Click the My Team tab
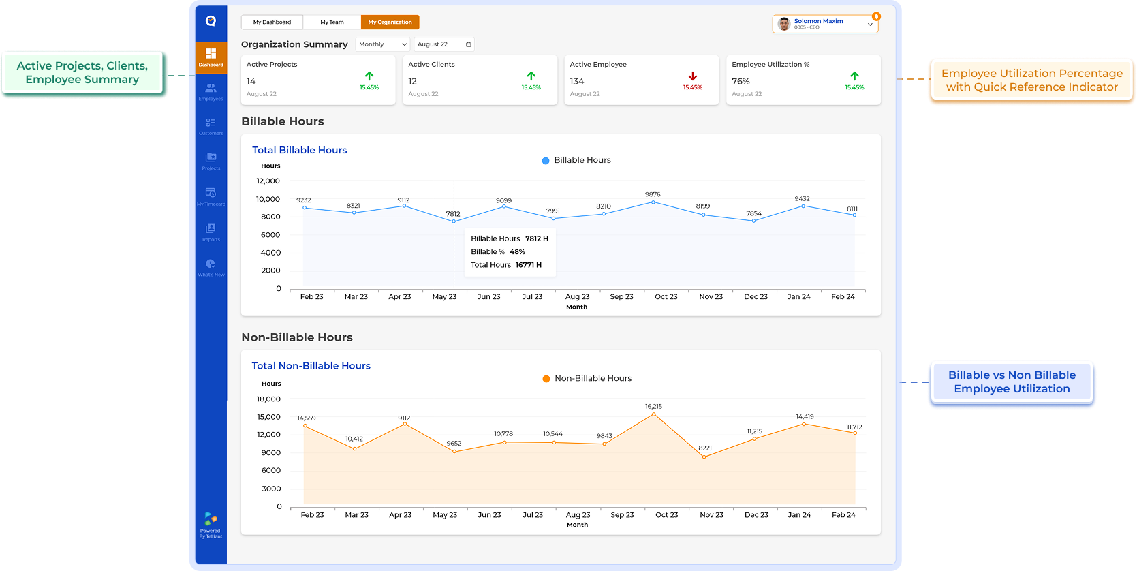(332, 22)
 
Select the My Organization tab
(390, 22)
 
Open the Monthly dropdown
(383, 44)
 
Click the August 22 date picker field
(443, 44)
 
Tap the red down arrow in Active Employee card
(692, 76)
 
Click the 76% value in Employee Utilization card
(741, 81)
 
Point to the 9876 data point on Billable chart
(653, 202)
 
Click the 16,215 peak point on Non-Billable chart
(653, 414)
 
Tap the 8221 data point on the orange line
(704, 457)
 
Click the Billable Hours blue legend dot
(546, 161)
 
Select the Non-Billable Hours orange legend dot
(546, 379)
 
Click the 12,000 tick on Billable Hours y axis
(268, 181)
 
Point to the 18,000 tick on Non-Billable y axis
(268, 399)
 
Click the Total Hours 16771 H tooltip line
(506, 265)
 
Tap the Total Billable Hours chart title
(299, 150)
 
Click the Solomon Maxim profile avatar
(784, 24)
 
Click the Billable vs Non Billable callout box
(1012, 382)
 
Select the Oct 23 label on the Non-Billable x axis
(666, 515)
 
